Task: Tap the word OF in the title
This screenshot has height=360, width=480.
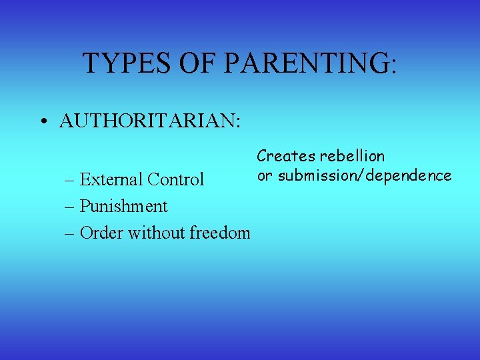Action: coord(201,63)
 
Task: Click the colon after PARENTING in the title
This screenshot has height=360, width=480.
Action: coord(393,65)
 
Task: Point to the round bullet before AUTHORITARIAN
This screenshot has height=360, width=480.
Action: coord(43,122)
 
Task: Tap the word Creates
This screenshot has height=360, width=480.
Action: coord(286,156)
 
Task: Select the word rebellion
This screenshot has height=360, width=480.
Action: coord(352,156)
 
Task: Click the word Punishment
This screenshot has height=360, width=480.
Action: coord(123,206)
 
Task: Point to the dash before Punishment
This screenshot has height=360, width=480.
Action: coord(69,207)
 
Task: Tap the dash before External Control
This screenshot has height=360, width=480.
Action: coord(69,180)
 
